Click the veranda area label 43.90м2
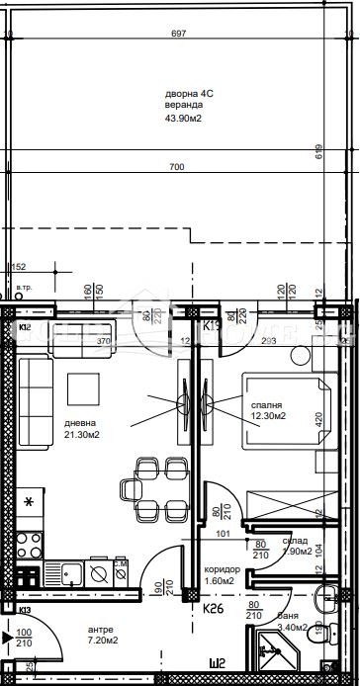click(183, 120)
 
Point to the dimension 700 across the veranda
click(176, 167)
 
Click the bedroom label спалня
click(267, 405)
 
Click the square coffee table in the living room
click(82, 387)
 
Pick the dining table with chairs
click(154, 488)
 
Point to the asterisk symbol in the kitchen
click(29, 502)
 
